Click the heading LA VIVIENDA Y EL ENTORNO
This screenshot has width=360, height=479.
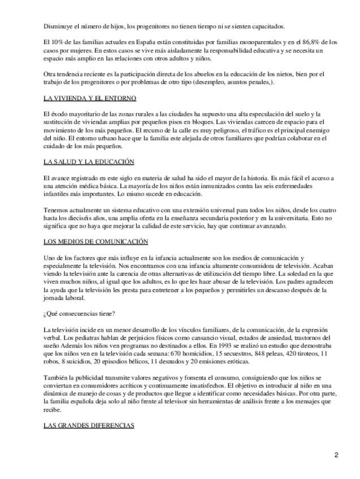[90, 98]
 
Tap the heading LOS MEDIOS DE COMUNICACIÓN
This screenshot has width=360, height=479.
[96, 242]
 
